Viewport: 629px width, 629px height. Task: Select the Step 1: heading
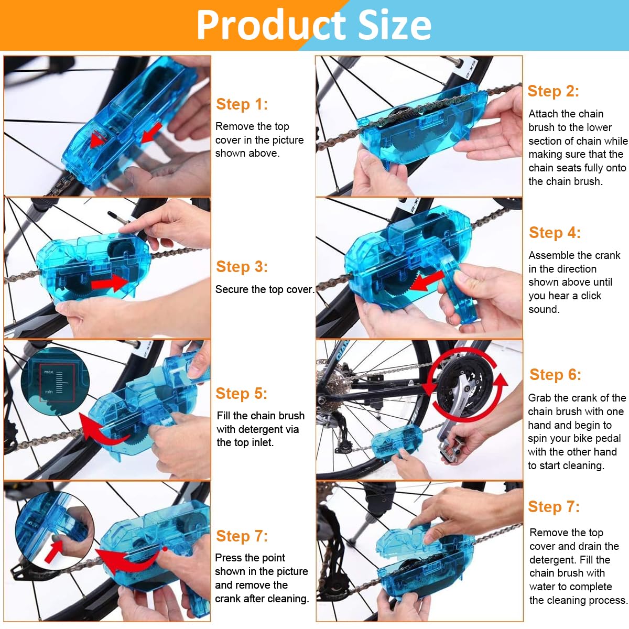(x=242, y=104)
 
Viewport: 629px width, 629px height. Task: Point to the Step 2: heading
(x=553, y=91)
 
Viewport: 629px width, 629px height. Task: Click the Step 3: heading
(x=242, y=267)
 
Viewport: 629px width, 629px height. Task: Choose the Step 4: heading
(x=555, y=233)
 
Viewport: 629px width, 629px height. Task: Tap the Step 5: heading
(x=242, y=394)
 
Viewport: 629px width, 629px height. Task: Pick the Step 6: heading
(x=555, y=375)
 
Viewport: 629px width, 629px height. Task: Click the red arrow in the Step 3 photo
(x=109, y=284)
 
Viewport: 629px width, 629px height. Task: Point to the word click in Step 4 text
(x=591, y=296)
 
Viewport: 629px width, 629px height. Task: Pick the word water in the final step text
(x=544, y=587)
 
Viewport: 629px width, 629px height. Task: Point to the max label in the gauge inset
(x=49, y=372)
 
